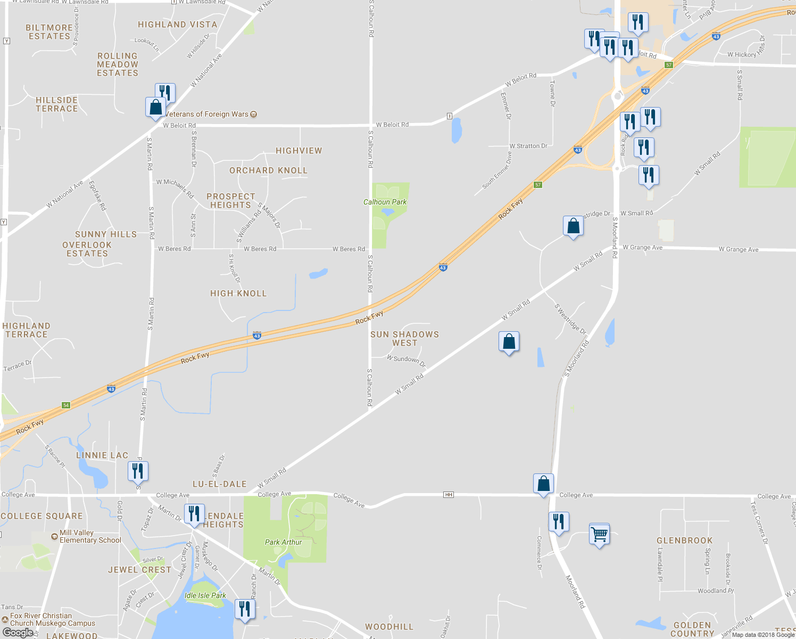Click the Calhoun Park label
385,202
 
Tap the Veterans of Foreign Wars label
208,114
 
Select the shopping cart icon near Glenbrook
599,534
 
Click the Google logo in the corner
18,633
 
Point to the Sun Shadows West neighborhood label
404,339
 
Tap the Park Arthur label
283,542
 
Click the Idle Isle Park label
205,595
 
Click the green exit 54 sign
66,405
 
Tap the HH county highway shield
449,495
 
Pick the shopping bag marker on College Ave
543,484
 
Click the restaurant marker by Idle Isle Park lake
244,608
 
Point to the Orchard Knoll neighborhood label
268,170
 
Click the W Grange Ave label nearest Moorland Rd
642,248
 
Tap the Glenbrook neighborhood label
684,540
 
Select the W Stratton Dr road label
528,146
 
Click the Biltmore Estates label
49,32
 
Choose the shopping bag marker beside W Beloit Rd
155,107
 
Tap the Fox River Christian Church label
52,619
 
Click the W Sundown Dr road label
406,361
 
